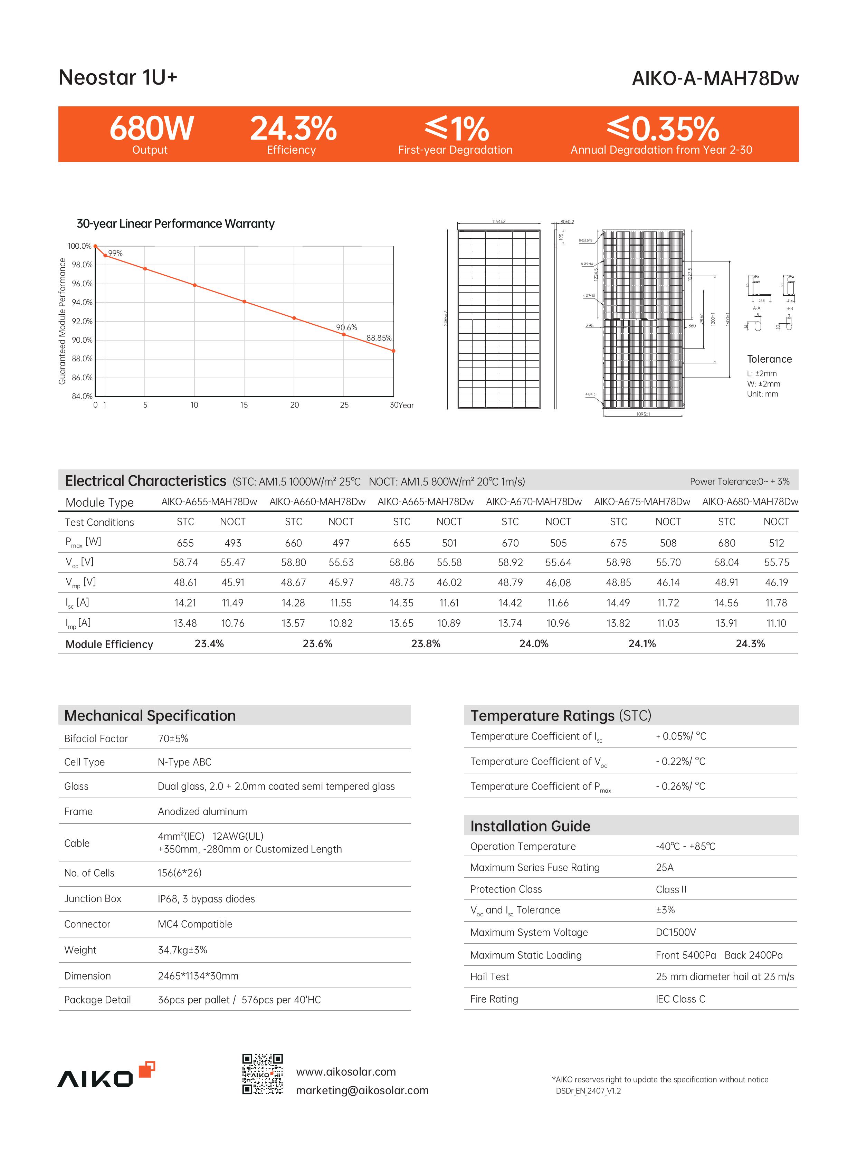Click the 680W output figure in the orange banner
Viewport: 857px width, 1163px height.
(x=152, y=128)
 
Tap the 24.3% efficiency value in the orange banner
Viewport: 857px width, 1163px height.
(x=293, y=128)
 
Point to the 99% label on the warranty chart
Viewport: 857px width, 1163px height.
(x=115, y=253)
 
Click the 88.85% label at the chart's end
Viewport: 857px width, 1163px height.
(x=379, y=338)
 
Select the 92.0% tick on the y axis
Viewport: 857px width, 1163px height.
(x=82, y=321)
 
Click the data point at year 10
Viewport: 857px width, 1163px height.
(x=194, y=285)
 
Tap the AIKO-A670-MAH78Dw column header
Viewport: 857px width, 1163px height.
(x=534, y=502)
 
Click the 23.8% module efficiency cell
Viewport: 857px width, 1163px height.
(x=425, y=644)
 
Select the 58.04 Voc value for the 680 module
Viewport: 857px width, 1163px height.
(x=726, y=562)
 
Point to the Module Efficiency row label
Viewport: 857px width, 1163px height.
(x=109, y=644)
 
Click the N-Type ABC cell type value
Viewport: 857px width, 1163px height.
(x=185, y=762)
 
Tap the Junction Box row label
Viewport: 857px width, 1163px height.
(x=92, y=898)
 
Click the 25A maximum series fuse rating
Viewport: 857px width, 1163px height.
(x=665, y=867)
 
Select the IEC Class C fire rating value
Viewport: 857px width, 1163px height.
(x=680, y=999)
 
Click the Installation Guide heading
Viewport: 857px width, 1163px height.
(x=530, y=826)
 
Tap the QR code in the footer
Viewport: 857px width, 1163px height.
(x=263, y=1074)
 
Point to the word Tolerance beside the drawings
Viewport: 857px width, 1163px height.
(x=769, y=359)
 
